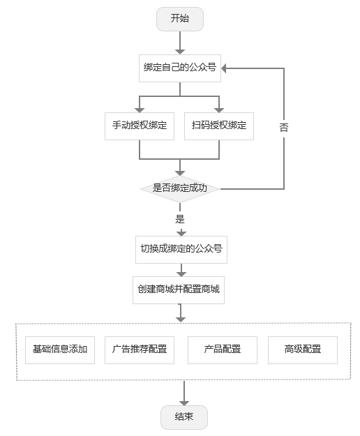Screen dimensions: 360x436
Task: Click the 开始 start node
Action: [180, 19]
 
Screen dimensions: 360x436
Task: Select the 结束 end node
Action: [184, 417]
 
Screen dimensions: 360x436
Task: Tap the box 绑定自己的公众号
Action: [180, 68]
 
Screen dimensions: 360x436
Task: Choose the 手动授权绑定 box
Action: [140, 126]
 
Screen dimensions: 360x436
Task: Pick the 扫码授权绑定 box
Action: [219, 126]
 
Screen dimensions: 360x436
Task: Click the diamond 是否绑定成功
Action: [180, 189]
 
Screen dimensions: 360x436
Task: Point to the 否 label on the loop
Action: [284, 128]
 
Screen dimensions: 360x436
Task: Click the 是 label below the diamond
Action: [180, 219]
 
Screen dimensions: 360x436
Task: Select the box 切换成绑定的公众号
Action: [181, 250]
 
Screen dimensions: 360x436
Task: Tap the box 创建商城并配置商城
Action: [179, 290]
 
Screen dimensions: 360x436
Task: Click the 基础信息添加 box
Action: [60, 349]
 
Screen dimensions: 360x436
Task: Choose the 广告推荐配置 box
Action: [140, 349]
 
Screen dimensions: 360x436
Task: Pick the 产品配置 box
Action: [223, 349]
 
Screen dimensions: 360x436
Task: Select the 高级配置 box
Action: [303, 349]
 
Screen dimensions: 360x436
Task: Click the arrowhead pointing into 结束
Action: [184, 403]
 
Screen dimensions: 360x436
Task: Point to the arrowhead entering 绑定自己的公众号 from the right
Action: [223, 68]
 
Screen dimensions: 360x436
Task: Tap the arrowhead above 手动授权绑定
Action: [140, 110]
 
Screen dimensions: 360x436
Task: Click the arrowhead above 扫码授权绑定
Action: [219, 110]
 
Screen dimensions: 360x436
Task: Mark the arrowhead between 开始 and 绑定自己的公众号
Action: [180, 52]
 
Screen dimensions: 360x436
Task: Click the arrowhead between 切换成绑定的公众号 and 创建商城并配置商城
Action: [181, 274]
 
